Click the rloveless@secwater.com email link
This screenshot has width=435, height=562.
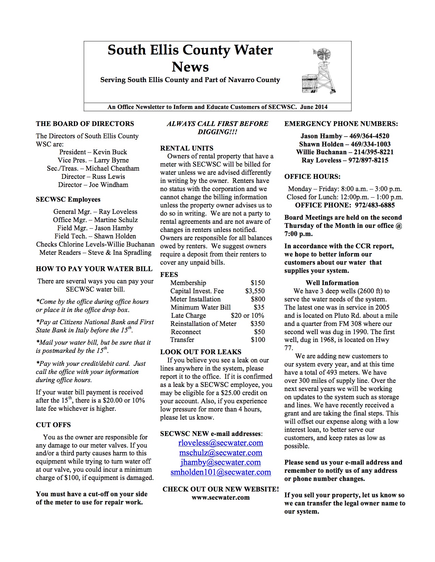(220, 443)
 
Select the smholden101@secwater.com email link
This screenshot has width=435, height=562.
(220, 472)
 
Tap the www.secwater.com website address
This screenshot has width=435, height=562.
(220, 497)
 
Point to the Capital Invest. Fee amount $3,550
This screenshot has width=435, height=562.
(255, 291)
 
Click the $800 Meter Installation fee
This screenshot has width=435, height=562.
(258, 299)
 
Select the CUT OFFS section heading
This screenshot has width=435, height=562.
(53, 425)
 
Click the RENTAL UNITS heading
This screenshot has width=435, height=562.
(187, 148)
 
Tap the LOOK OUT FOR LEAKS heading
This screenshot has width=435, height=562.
(201, 352)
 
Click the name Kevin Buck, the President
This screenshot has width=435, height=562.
(110, 152)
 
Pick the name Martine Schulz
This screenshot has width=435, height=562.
(116, 220)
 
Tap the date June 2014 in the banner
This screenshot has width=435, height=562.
(314, 107)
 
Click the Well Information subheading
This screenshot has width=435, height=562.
(332, 283)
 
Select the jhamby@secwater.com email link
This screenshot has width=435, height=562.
(220, 462)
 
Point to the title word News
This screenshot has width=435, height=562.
(190, 67)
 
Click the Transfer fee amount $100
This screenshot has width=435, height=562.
(258, 340)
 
